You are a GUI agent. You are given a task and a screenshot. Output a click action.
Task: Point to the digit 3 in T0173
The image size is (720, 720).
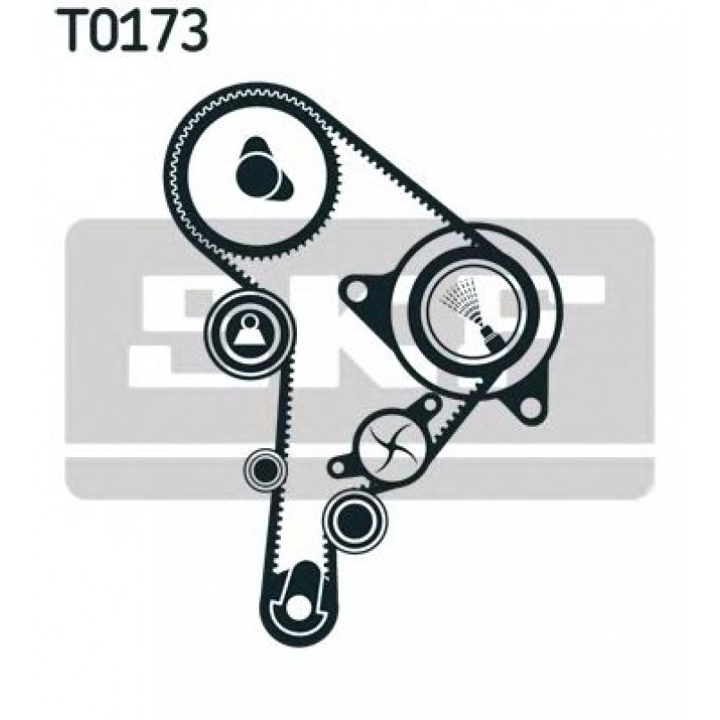pyautogui.click(x=193, y=31)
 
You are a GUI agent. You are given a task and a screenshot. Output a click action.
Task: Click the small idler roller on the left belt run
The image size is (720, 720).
pyautogui.click(x=265, y=469)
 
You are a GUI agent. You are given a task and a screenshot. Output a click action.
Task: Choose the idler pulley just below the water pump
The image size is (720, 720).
pyautogui.click(x=354, y=519)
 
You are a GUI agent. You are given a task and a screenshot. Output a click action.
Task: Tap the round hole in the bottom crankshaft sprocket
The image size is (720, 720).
pyautogui.click(x=298, y=607)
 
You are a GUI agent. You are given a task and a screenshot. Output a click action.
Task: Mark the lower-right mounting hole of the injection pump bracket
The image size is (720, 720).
pyautogui.click(x=530, y=406)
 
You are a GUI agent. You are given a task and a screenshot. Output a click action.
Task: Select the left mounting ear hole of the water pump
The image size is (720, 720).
pyautogui.click(x=337, y=468)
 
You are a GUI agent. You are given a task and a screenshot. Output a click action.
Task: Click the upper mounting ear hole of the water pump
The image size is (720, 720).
pyautogui.click(x=429, y=404)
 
